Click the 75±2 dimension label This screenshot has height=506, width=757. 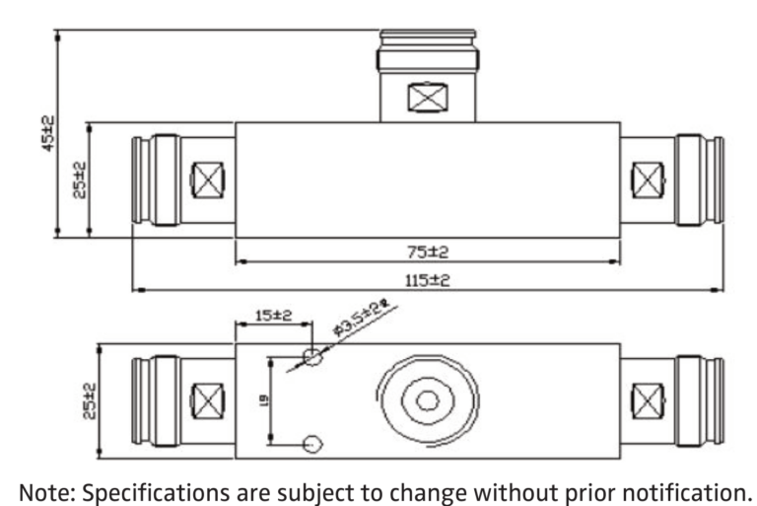tap(428, 252)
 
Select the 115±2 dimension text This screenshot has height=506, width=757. tap(428, 280)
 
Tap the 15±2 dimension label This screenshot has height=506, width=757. tap(269, 316)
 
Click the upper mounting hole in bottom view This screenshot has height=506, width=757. tap(312, 356)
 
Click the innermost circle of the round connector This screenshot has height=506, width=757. tap(427, 400)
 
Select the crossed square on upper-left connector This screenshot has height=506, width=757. tap(206, 180)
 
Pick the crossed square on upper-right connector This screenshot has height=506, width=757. tap(647, 180)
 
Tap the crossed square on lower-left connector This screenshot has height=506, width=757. tap(206, 400)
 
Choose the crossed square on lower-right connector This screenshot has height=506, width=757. tap(647, 400)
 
